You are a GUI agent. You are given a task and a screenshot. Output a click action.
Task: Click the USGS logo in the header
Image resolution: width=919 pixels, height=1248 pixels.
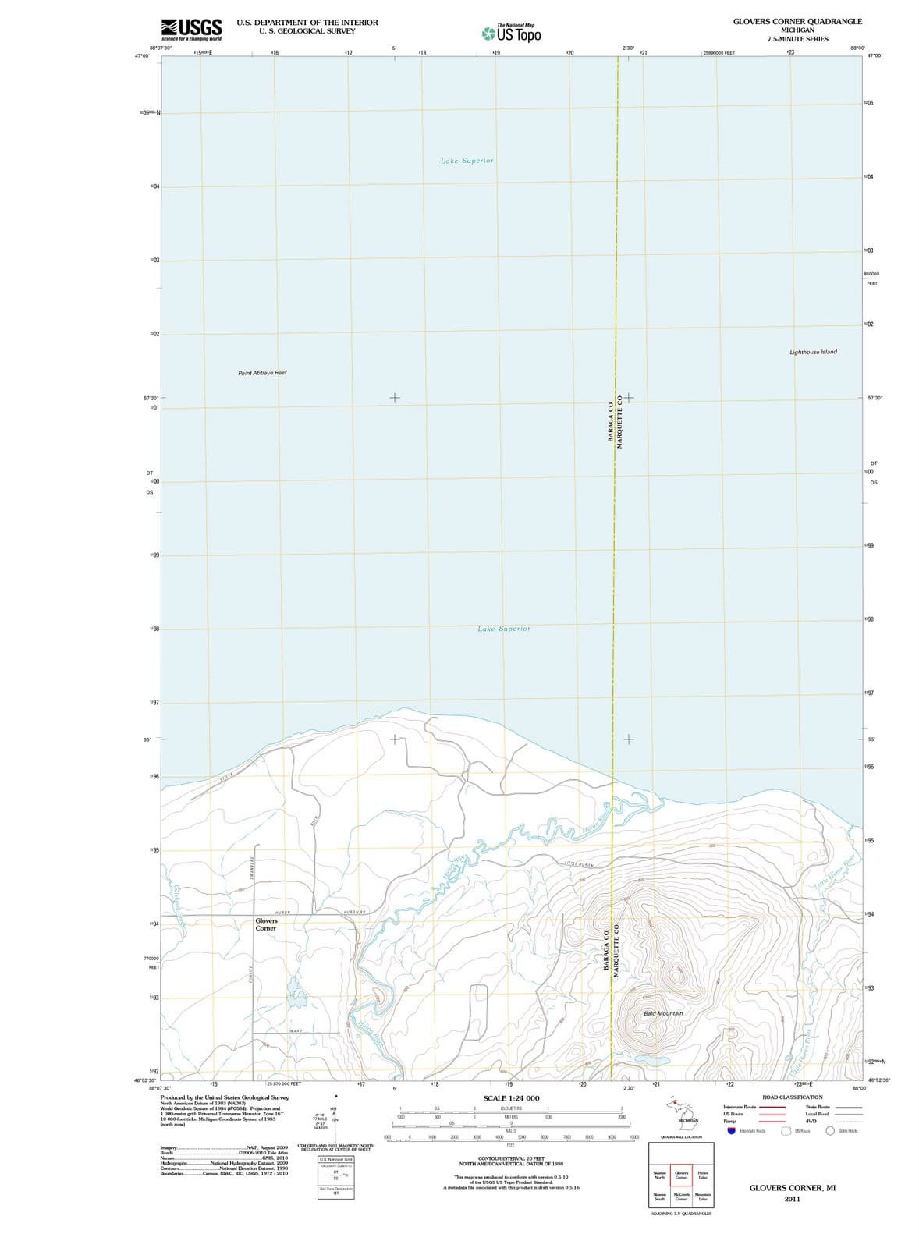point(191,29)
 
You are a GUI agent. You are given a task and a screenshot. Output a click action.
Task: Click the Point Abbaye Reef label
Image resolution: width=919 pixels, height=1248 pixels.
point(262,373)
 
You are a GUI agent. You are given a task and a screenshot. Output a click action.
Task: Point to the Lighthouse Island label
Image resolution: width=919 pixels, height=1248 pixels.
point(813,352)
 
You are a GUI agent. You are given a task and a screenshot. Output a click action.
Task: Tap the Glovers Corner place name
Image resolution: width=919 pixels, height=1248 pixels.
point(266,924)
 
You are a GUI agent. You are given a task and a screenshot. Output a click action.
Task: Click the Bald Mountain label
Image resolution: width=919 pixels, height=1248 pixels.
point(663,1013)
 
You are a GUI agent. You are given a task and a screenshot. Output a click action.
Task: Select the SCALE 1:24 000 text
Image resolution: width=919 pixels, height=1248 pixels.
point(511,1098)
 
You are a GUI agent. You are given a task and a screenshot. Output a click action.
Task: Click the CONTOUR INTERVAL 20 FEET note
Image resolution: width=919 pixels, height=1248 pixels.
point(511,1158)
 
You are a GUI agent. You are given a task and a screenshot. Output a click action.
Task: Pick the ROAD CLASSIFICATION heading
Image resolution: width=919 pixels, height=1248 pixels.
point(792,1097)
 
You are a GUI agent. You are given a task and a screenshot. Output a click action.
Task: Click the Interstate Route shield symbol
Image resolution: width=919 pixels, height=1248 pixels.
point(731,1130)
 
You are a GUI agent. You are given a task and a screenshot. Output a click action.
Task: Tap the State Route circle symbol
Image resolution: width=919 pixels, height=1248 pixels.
point(832,1130)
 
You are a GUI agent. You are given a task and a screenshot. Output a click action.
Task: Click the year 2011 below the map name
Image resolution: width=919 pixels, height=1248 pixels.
point(792,1199)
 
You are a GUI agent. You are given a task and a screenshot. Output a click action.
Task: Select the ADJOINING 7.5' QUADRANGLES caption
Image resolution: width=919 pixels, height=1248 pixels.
point(681,1214)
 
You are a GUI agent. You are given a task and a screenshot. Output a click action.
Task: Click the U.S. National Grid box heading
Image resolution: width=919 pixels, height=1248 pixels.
point(335,1160)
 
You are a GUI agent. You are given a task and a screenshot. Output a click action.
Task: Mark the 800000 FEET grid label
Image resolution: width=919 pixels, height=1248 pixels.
point(871,275)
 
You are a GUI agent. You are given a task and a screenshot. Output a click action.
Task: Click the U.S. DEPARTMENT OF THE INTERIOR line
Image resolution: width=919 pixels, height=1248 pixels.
point(307,23)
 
